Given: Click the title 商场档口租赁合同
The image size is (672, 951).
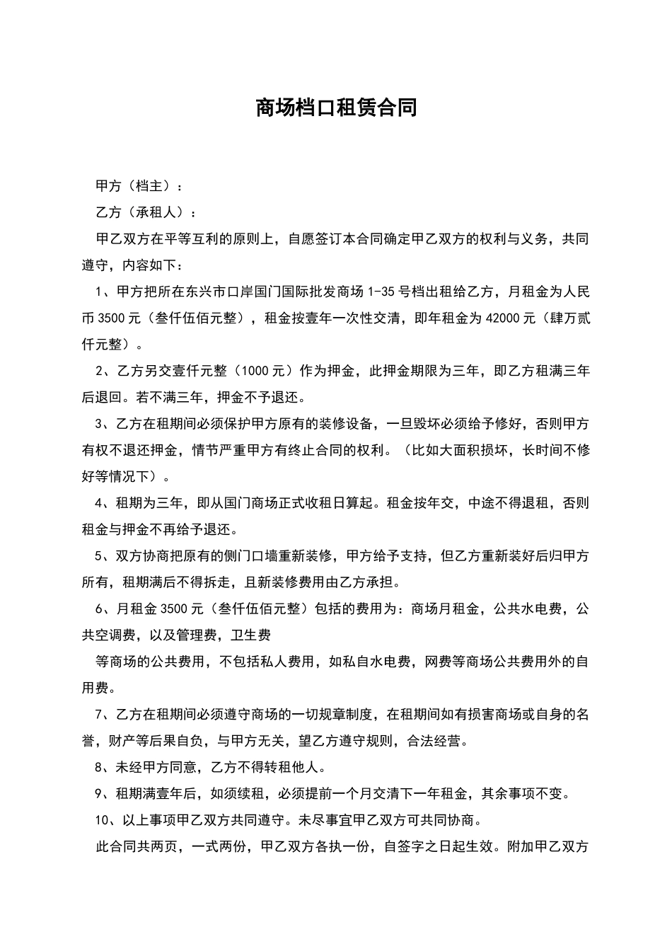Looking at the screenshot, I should (x=336, y=108).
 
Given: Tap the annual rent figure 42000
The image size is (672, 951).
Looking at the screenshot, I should (x=502, y=318).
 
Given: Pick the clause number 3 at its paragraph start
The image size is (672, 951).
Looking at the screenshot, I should (x=98, y=424).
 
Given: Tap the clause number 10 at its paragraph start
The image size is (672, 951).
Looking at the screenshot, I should (x=101, y=821).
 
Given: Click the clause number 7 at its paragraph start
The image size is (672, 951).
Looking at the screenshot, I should (x=98, y=715).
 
